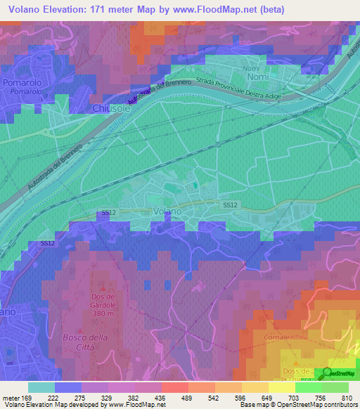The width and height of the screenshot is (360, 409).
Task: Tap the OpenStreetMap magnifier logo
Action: click(327, 373)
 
